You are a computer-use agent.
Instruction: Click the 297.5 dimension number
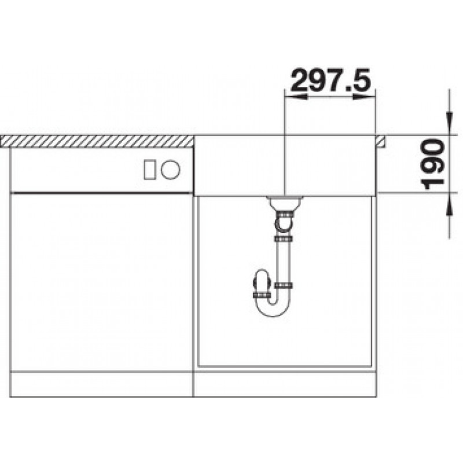click(330, 80)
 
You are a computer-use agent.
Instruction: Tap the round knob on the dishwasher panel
click(170, 170)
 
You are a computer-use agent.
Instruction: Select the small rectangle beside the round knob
click(149, 170)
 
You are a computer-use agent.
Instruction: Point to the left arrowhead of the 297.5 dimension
click(295, 97)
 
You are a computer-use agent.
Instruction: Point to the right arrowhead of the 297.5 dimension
click(364, 97)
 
